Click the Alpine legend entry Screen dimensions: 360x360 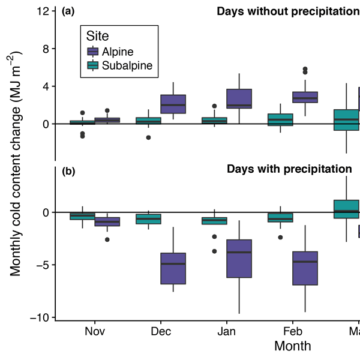point(118,52)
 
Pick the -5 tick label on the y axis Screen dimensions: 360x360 point(44,265)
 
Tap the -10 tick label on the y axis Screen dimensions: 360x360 point(41,317)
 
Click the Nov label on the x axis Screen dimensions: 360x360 point(95,331)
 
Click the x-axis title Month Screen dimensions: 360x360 point(293,346)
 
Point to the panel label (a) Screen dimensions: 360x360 point(68,11)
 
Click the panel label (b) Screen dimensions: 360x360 point(68,172)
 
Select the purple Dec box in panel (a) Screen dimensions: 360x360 point(173,104)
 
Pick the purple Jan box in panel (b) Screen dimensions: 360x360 point(239,258)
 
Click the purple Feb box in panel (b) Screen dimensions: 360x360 point(305,268)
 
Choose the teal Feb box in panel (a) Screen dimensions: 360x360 point(280,119)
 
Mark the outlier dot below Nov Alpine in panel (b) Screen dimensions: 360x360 point(107,239)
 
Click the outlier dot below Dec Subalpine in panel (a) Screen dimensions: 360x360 point(148,137)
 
